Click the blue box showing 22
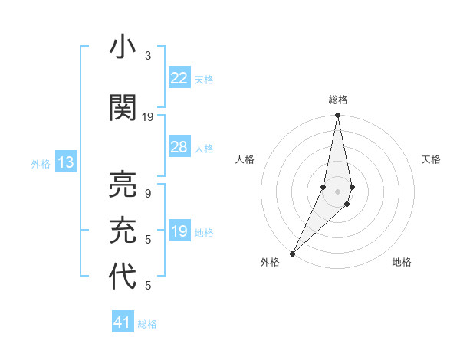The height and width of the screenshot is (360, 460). point(179,77)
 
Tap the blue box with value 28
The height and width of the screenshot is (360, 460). point(179,147)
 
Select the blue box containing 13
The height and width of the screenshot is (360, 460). point(65,162)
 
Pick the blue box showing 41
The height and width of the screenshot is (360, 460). point(123,322)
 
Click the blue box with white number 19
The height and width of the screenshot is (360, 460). point(179,231)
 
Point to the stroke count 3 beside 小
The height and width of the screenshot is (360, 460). point(148,56)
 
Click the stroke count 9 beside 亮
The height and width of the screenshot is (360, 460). point(148,194)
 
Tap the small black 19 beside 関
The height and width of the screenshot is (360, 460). point(148,117)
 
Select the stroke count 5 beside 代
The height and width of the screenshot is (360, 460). point(148,286)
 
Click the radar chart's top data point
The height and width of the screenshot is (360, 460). point(337,116)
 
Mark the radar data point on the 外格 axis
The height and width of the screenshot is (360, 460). point(292,253)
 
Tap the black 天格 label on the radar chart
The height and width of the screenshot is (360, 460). point(431,159)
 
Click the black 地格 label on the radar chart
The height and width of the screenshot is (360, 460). point(402,262)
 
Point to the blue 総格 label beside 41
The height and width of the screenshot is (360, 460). point(147,324)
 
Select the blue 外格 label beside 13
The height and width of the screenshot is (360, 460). point(41,163)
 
